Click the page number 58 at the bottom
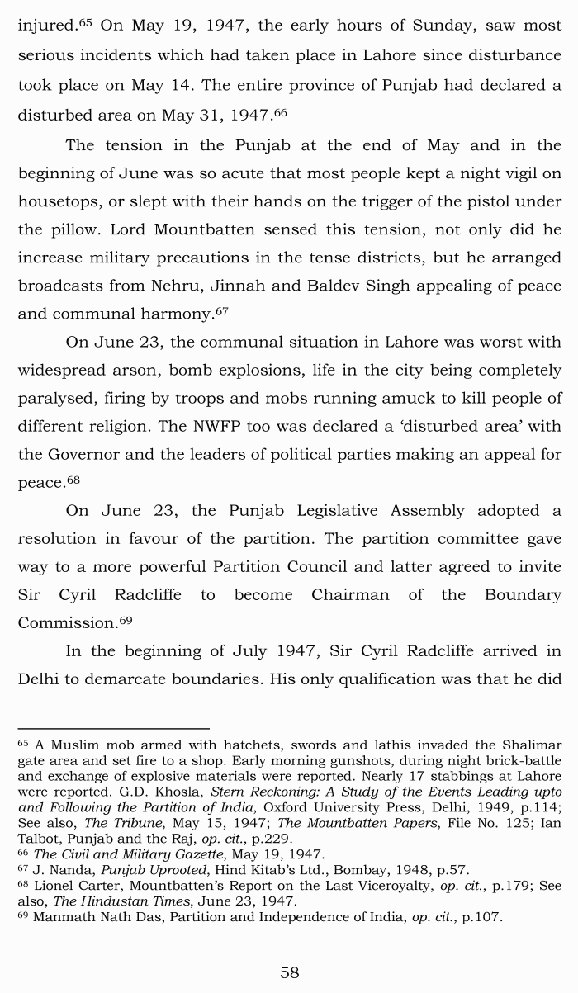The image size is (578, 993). pos(289,972)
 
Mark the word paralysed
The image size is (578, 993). pos(56,398)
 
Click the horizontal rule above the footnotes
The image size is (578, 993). pos(113,729)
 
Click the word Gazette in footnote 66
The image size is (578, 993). pos(196,854)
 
